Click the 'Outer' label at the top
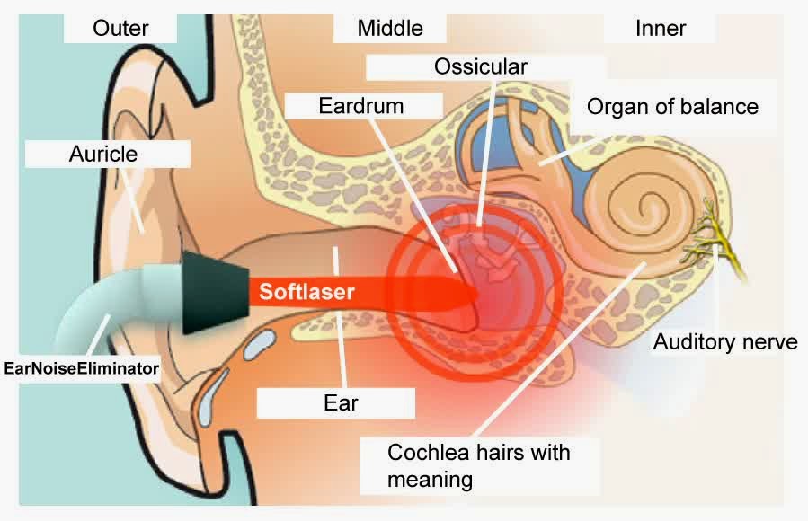tap(120, 28)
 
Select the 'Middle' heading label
tap(390, 28)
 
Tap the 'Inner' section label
tap(661, 28)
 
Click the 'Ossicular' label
tap(480, 66)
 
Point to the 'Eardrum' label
tap(360, 105)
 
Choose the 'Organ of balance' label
tap(672, 106)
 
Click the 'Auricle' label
tap(103, 154)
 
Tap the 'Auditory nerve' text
tap(725, 341)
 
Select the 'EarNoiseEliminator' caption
tap(82, 367)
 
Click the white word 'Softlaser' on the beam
tap(307, 291)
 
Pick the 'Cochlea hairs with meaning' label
tap(478, 465)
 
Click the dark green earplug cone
tap(212, 293)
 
